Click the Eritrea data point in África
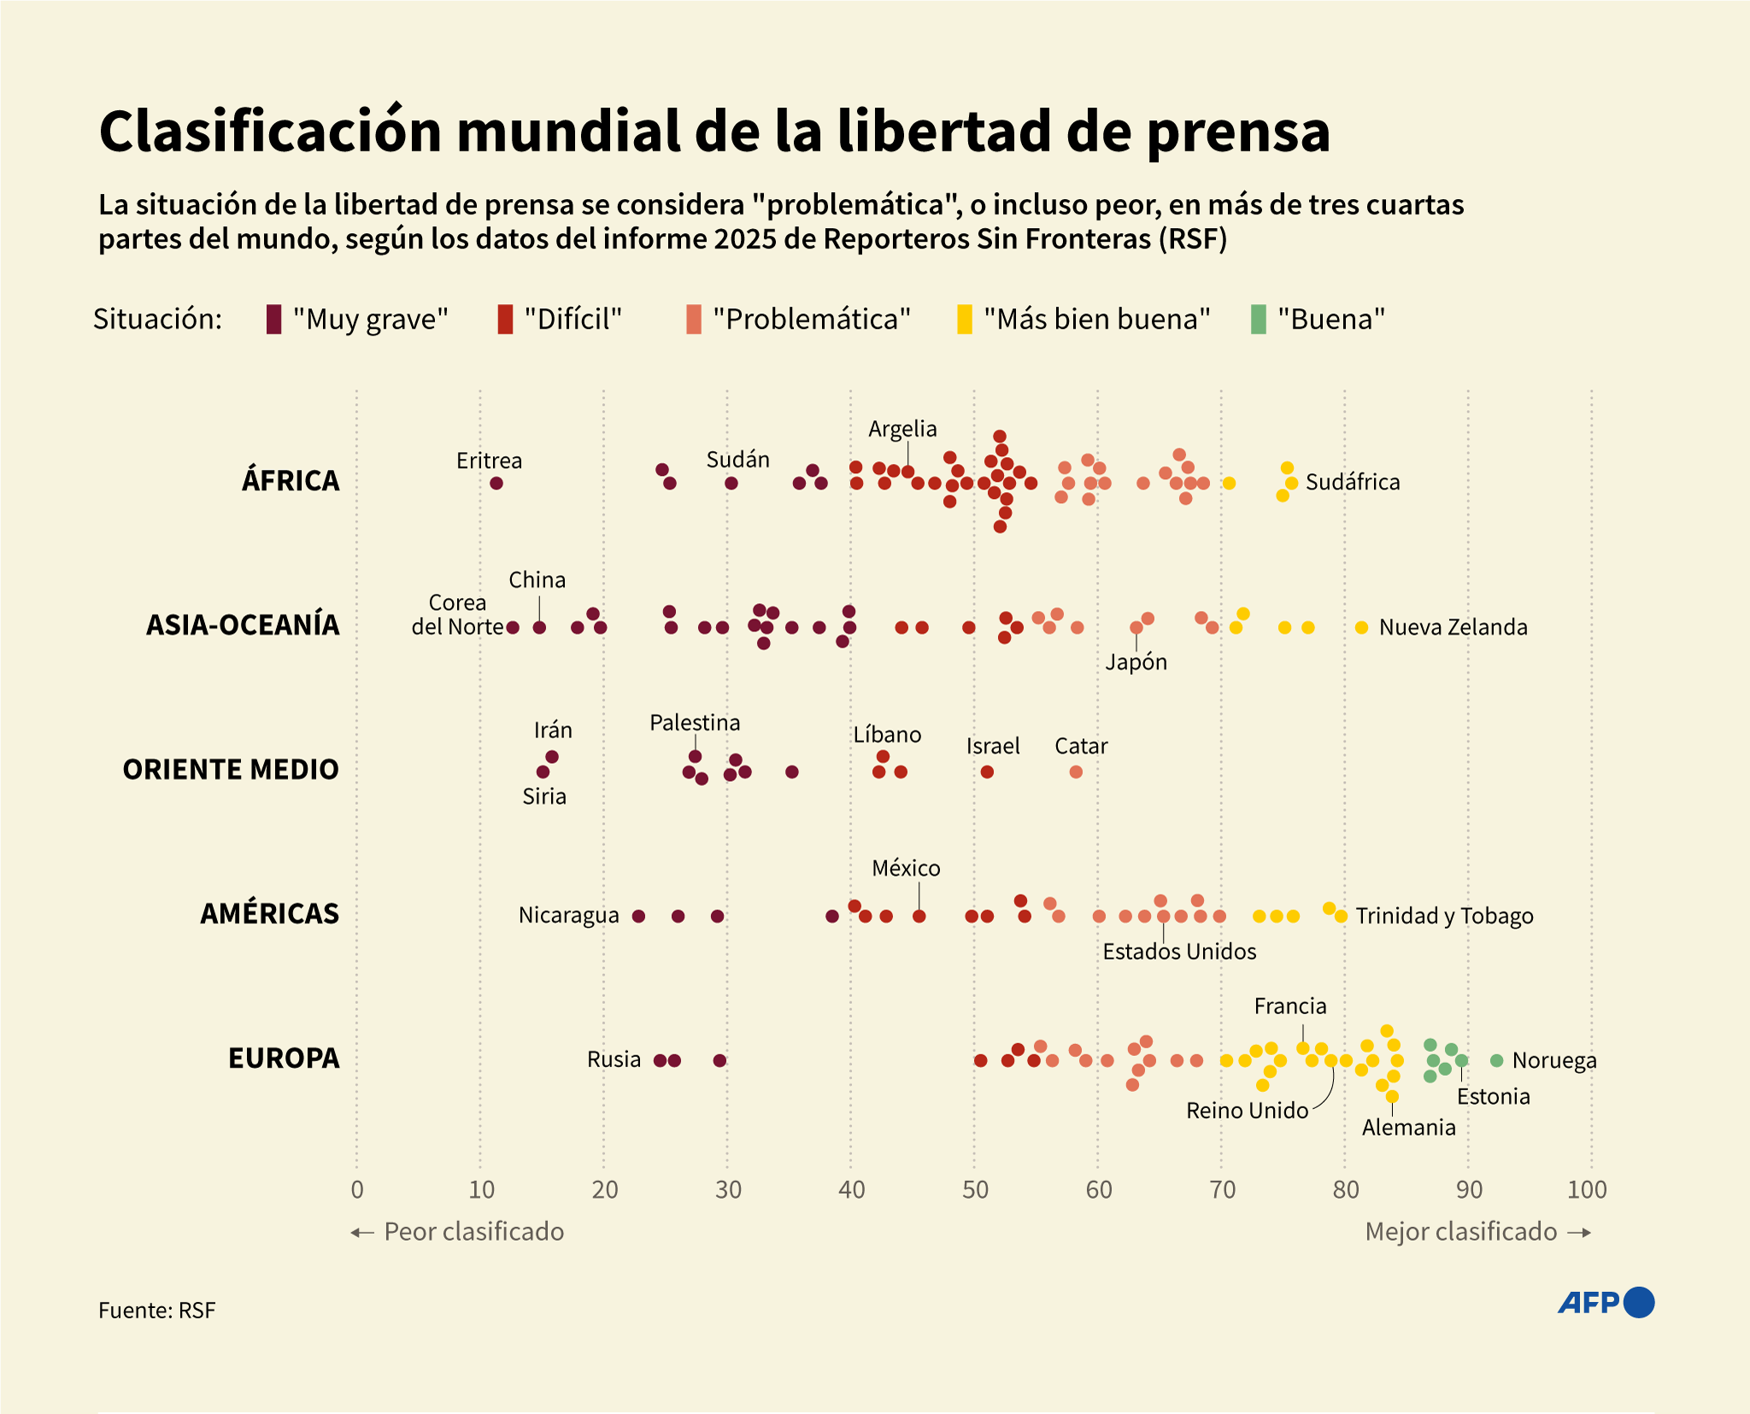pos(496,484)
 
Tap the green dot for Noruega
pos(1496,1060)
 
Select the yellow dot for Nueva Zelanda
pos(1361,628)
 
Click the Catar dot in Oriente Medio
pos(1076,772)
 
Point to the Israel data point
pos(987,772)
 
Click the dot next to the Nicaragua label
pos(638,916)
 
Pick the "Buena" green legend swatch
pos(1258,320)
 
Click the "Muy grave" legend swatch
pos(273,320)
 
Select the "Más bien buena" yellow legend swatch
pos(964,320)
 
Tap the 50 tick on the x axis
pos(975,1189)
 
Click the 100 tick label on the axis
pos(1587,1189)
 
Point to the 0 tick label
pos(357,1189)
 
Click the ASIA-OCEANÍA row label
pos(243,625)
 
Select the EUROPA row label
pos(284,1059)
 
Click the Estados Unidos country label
pos(1179,952)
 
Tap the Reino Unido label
pos(1247,1111)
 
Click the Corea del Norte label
pos(457,615)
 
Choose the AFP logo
pos(1606,1302)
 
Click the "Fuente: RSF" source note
pos(157,1311)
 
